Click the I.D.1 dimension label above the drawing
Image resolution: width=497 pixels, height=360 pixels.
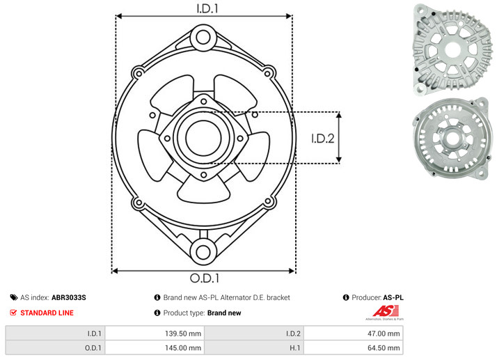pos(207,8)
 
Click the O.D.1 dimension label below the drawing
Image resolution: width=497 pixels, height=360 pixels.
pos(205,278)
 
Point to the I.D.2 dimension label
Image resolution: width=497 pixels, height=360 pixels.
pos(322,139)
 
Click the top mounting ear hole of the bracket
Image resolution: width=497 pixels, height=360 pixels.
pos(203,38)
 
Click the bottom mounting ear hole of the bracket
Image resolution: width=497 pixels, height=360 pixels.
pos(203,252)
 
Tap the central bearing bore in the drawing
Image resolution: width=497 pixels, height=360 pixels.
pos(203,138)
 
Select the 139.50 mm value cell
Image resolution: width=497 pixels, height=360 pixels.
pos(155,334)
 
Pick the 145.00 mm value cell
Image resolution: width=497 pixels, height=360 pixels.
pos(155,347)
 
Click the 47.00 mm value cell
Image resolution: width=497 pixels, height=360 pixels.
pos(353,334)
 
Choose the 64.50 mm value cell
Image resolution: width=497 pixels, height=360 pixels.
pos(353,347)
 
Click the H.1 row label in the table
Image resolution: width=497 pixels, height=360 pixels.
pos(294,348)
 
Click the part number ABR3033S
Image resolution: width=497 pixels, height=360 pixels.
pos(68,297)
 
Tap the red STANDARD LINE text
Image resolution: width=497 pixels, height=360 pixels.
pos(47,313)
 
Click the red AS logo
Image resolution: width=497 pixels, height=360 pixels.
pos(386,311)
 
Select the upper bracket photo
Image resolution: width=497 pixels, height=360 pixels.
pos(453,49)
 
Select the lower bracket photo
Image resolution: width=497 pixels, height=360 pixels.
pos(452,138)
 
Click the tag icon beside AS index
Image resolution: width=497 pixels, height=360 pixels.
pos(14,297)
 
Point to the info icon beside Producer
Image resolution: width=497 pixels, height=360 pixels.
pos(346,297)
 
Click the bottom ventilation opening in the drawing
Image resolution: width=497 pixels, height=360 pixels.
pos(203,189)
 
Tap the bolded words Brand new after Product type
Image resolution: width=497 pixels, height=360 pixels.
pos(224,313)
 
